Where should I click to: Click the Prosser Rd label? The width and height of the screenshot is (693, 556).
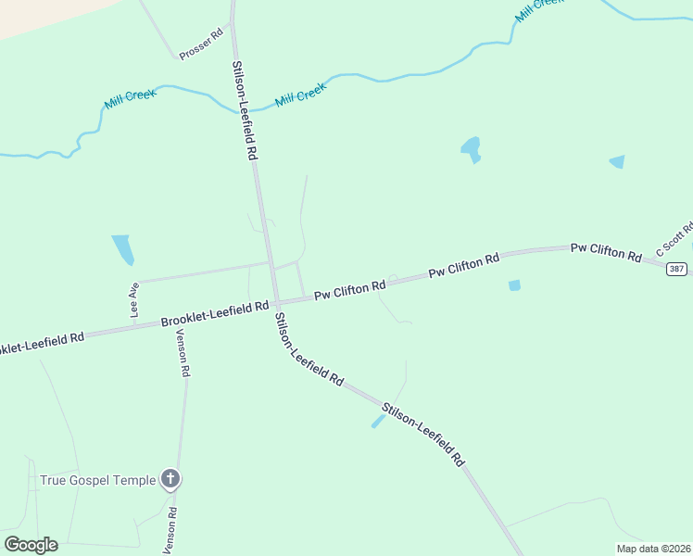pos(202,44)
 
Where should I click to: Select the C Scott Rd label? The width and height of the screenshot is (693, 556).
pos(674,239)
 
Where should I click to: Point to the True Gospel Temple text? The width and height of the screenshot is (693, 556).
pos(97,480)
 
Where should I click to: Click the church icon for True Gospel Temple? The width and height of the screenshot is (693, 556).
pos(170,479)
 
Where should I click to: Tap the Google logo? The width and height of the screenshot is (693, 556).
pos(31,545)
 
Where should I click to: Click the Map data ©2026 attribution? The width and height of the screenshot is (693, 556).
pos(652,549)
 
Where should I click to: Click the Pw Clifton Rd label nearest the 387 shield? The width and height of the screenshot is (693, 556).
pos(606,250)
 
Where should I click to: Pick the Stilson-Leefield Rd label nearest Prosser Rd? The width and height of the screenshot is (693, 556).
pos(244,111)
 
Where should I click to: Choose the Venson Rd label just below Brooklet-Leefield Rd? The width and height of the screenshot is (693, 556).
pos(183,353)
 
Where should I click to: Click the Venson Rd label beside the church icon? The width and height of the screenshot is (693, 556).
pos(170,529)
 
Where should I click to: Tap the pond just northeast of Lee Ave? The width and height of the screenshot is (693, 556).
pos(122,248)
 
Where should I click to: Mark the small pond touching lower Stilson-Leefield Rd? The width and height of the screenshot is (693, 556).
pos(378,421)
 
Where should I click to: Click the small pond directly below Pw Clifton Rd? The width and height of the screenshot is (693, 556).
pos(514,285)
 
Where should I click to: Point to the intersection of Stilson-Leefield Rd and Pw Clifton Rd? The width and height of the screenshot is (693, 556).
pos(274,301)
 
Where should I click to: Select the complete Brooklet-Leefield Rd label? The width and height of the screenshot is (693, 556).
pos(215,313)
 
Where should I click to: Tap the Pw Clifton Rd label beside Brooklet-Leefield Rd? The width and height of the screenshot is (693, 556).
pos(349,291)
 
